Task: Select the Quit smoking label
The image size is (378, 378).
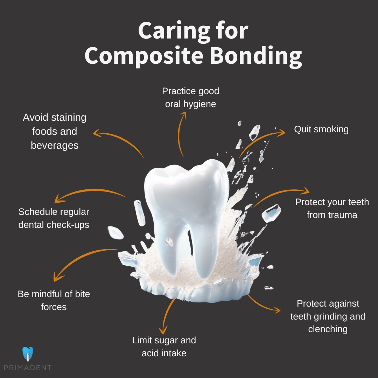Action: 321,129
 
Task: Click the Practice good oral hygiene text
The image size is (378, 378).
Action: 190,97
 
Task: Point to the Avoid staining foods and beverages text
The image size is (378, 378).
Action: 55,131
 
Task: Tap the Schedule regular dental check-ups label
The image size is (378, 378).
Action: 54,218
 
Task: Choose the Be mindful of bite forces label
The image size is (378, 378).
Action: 54,300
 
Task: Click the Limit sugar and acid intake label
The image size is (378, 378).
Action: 164,346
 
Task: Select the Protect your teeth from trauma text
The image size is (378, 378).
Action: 332,208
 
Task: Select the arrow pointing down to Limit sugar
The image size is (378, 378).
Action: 166,315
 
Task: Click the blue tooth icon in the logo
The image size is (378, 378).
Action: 27,354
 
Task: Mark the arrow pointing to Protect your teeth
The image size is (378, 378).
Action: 280,194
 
